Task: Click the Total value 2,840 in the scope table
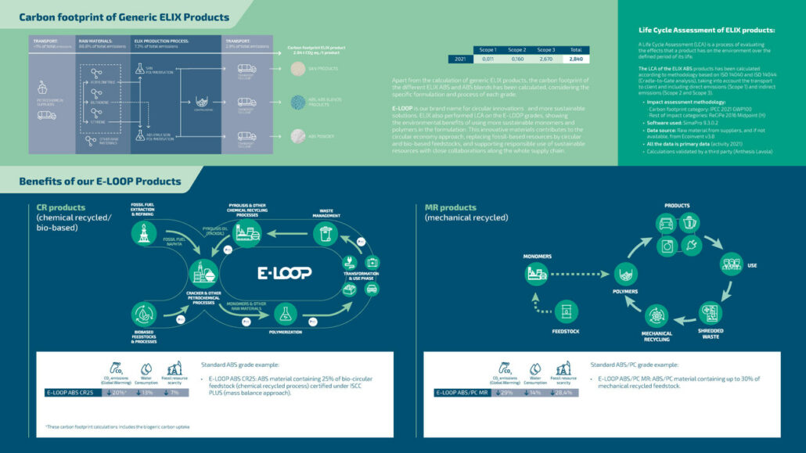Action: (576, 59)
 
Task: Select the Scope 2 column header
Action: (516, 49)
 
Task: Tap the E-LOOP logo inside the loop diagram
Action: (285, 272)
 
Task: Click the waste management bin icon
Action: (326, 233)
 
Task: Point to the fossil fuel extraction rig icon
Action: (142, 232)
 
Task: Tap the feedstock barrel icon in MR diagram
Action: (567, 312)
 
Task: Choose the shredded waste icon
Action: (711, 314)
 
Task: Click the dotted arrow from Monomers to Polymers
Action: (582, 274)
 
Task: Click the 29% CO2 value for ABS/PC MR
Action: (505, 392)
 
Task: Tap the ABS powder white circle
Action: (298, 136)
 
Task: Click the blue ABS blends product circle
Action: (298, 102)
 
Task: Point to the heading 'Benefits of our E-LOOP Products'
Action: (99, 182)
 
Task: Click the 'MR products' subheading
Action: (450, 207)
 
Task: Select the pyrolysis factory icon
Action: (248, 232)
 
